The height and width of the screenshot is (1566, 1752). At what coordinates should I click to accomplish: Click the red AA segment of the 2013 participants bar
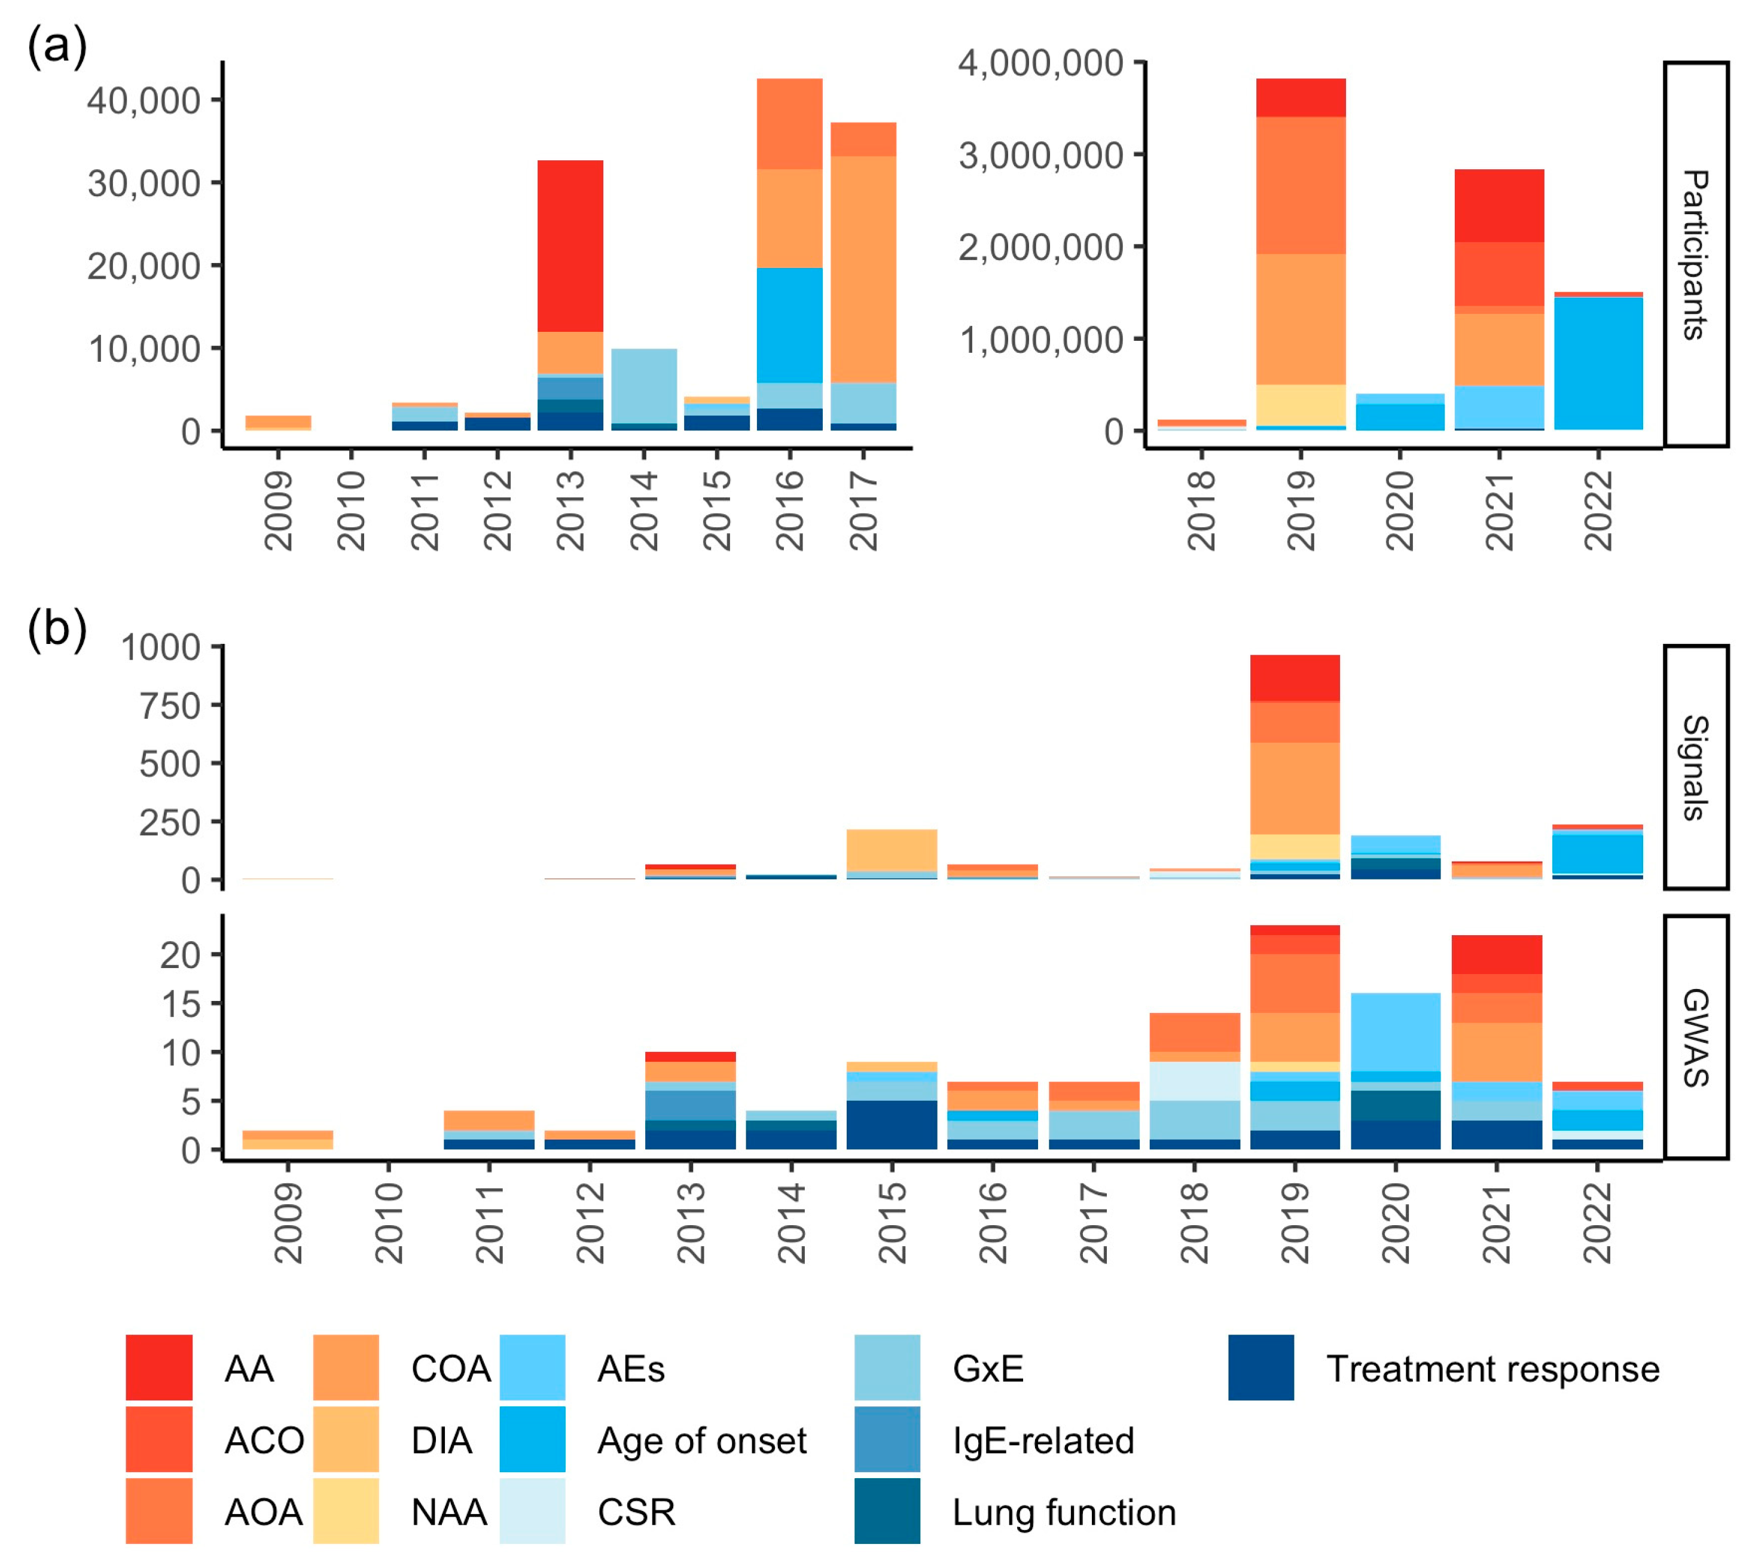[x=570, y=246]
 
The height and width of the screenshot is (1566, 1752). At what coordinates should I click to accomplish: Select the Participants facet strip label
[x=1695, y=255]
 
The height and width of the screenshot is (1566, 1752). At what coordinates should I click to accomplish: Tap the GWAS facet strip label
[x=1695, y=1037]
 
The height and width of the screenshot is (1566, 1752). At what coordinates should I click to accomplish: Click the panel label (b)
[x=57, y=629]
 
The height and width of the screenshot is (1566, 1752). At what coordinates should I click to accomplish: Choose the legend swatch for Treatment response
[x=1260, y=1367]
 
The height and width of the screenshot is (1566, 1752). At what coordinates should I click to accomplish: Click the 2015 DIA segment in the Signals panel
[x=892, y=850]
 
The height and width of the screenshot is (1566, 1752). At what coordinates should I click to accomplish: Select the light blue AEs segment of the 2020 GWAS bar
[x=1395, y=1031]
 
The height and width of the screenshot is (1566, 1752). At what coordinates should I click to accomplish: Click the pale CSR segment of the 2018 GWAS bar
[x=1194, y=1080]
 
